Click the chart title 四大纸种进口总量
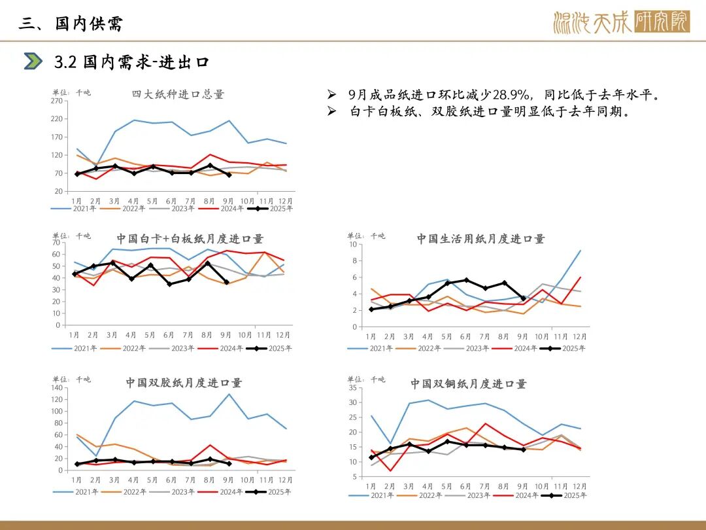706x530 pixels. click(x=178, y=94)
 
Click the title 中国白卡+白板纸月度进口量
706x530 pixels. click(x=190, y=239)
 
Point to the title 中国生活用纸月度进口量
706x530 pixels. click(x=480, y=239)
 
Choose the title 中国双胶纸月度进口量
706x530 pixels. click(x=184, y=383)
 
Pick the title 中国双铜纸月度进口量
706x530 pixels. click(x=468, y=384)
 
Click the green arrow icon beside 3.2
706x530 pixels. click(x=33, y=62)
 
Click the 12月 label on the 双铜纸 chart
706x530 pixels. click(x=580, y=486)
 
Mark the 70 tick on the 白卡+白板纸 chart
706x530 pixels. click(x=56, y=243)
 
